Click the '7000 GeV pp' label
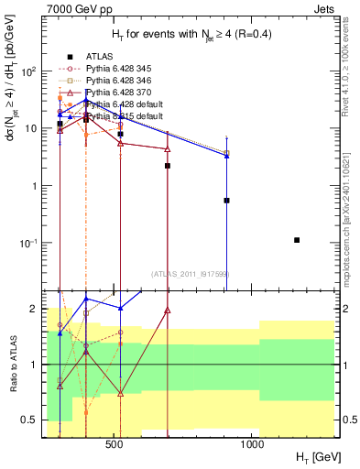tap(74, 9)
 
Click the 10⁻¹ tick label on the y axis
tap(29, 243)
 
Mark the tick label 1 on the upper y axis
tap(35, 186)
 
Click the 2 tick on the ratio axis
tap(34, 309)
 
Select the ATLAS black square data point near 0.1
tap(297, 240)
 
